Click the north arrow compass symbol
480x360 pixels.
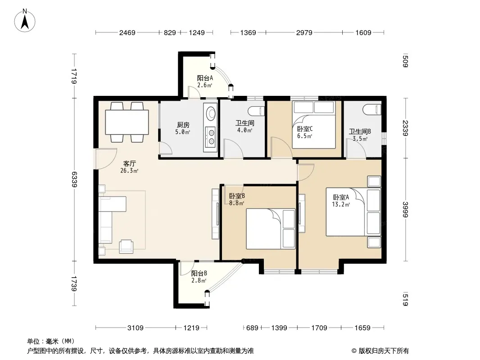[x=25, y=21]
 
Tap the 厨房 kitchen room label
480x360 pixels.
[x=183, y=125]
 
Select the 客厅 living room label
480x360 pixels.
[x=130, y=164]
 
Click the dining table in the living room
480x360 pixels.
[x=127, y=122]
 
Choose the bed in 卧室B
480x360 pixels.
[x=271, y=229]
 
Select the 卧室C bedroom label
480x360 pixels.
[x=304, y=129]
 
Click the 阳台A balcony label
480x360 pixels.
[x=205, y=78]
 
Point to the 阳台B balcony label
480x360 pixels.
[x=199, y=273]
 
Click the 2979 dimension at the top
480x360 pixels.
[x=304, y=32]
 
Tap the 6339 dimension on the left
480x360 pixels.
[x=74, y=179]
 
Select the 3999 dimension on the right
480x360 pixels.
[x=405, y=210]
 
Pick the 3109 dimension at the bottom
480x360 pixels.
[x=135, y=328]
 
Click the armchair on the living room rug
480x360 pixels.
[x=126, y=246]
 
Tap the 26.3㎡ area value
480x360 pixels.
[x=129, y=171]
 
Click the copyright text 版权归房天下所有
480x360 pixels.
[x=384, y=351]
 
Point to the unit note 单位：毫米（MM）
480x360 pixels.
[x=51, y=342]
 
